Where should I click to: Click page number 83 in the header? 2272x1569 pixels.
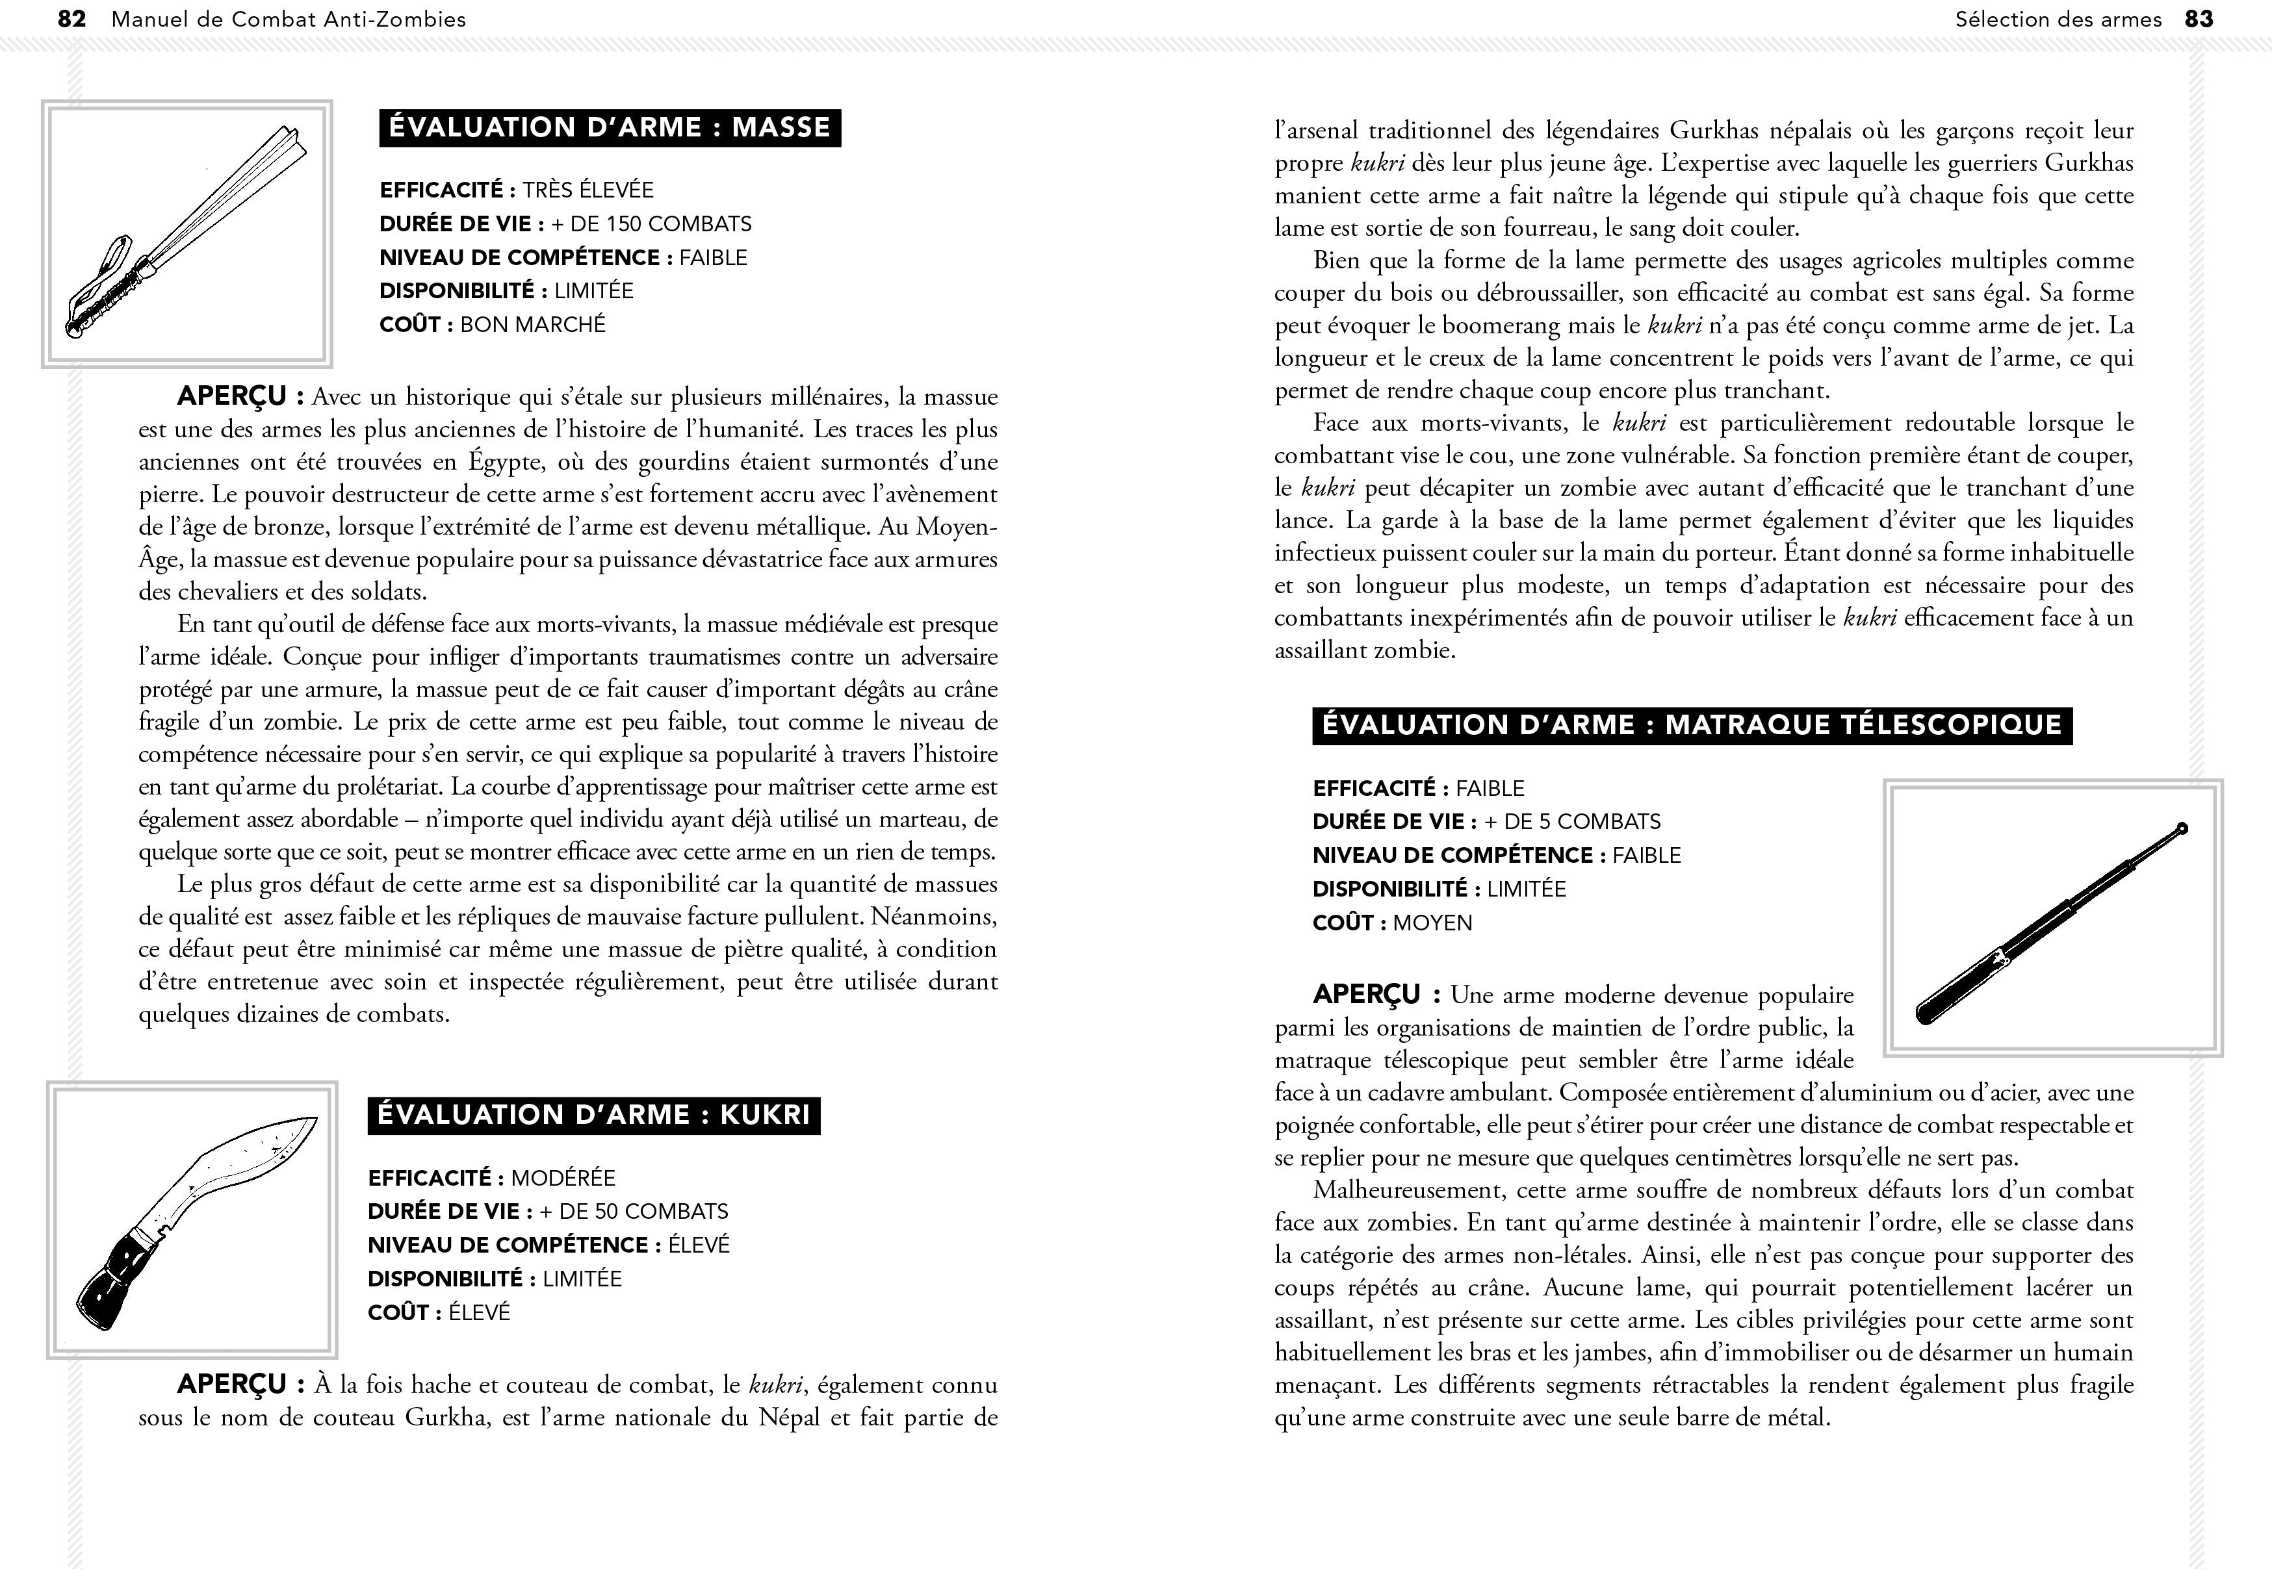(2199, 19)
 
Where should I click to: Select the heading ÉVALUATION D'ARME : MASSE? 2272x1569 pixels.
(610, 128)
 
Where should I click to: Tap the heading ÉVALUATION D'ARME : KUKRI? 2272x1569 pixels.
(594, 1115)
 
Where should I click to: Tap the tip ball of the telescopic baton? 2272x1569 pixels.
(2182, 829)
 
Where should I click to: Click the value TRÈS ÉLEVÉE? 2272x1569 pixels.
(588, 190)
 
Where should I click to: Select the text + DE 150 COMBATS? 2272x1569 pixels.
(651, 224)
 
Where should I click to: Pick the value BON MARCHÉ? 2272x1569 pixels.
(533, 324)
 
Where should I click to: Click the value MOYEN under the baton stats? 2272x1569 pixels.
(1432, 923)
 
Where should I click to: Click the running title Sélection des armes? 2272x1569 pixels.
(2058, 19)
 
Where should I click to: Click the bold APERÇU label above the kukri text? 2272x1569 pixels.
(233, 1384)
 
